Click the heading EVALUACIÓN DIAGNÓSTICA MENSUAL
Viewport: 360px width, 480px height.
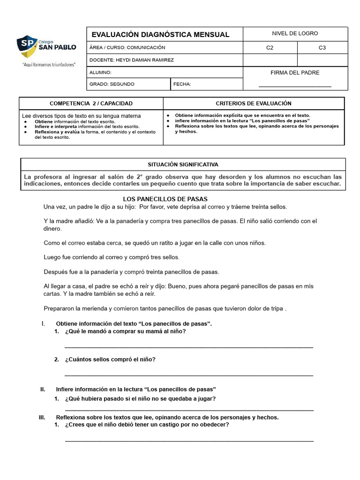tap(160, 35)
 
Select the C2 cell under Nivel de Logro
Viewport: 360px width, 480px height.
tap(270, 47)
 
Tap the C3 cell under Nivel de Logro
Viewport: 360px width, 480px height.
tap(322, 47)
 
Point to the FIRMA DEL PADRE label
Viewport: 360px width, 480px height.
tap(295, 73)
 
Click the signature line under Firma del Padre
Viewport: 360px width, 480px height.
tap(295, 86)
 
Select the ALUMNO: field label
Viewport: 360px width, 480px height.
tap(100, 73)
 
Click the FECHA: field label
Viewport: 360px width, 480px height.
tap(182, 84)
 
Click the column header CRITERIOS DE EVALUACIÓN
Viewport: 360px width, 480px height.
tap(254, 103)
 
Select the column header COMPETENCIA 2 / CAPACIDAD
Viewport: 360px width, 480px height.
tap(91, 103)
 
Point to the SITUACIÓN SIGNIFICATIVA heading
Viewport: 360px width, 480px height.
tap(183, 165)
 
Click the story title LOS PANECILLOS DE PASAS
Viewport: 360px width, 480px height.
tap(165, 199)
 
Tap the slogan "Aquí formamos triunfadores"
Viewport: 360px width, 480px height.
tap(49, 65)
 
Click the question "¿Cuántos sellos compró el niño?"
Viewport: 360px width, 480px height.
tap(110, 360)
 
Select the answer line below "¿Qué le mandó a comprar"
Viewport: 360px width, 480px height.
tap(188, 347)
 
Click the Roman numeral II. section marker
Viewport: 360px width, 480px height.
tap(43, 389)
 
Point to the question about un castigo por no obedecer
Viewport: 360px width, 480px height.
tap(147, 425)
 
